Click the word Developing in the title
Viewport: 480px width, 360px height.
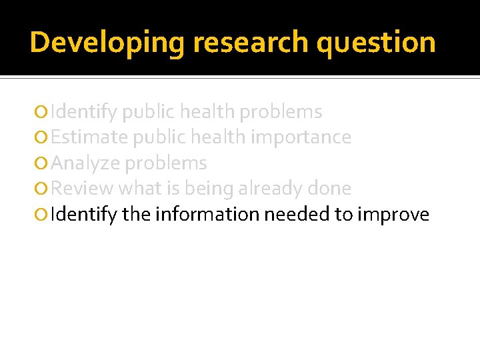pyautogui.click(x=107, y=43)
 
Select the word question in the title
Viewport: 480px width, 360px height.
pyautogui.click(x=377, y=43)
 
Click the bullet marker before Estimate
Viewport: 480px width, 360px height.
pyautogui.click(x=43, y=138)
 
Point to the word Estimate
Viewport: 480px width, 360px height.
pyautogui.click(x=89, y=137)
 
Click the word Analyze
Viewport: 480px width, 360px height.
pyautogui.click(x=85, y=163)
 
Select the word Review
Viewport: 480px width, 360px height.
pyautogui.click(x=82, y=189)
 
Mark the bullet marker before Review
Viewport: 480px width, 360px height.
pyautogui.click(x=43, y=189)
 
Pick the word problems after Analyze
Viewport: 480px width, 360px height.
pyautogui.click(x=166, y=163)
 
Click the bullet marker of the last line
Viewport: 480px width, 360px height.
pyautogui.click(x=43, y=215)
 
